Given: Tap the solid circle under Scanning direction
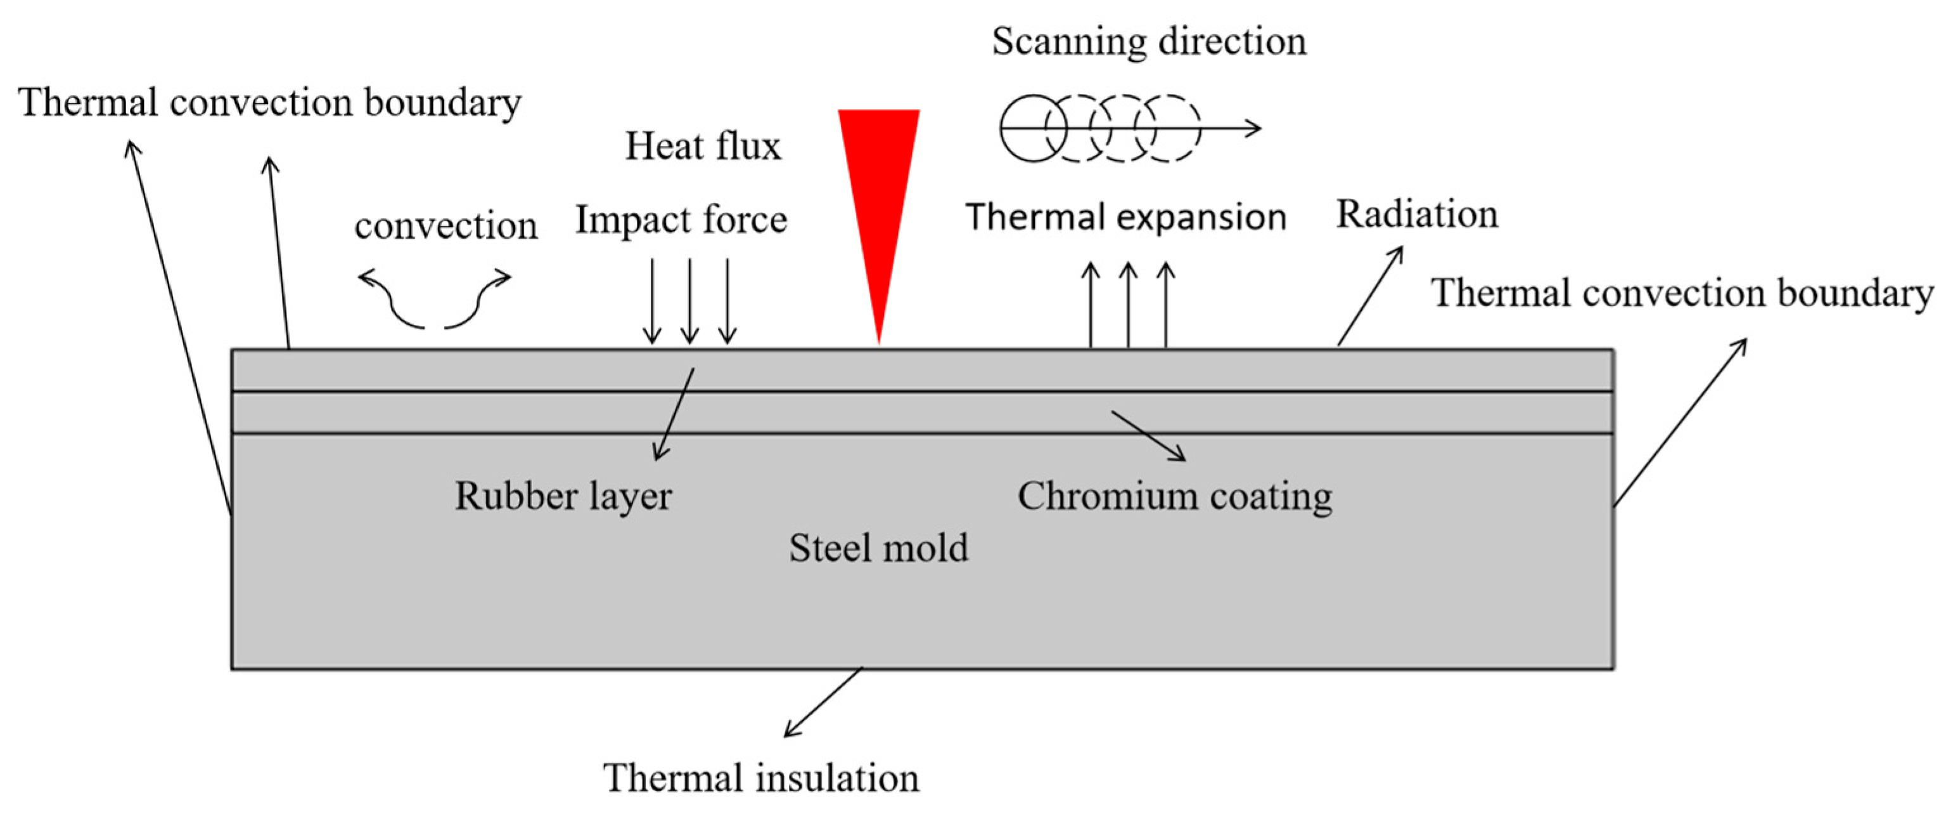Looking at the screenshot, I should tap(1033, 128).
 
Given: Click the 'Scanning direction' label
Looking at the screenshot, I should tap(1149, 41).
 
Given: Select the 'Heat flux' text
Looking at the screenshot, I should tap(702, 146).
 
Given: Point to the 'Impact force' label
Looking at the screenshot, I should tap(681, 220).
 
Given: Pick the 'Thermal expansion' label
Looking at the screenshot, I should tap(1126, 217).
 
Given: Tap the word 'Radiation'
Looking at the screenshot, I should tap(1416, 214).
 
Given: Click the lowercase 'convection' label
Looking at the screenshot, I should tap(446, 226).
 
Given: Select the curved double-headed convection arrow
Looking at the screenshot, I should tap(435, 299).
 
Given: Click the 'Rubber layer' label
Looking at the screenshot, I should tap(563, 496).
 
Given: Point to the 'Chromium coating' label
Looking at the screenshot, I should tap(1174, 496).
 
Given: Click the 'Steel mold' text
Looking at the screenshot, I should tap(879, 548).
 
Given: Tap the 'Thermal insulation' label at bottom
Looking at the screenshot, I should tap(760, 778).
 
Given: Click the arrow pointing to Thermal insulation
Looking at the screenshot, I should tap(823, 702).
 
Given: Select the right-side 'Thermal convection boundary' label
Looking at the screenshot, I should tap(1682, 293).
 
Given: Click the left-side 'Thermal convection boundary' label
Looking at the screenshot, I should tap(270, 102).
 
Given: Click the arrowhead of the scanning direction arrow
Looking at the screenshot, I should tap(1255, 128).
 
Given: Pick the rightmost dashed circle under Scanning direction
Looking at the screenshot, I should tap(1174, 128).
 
